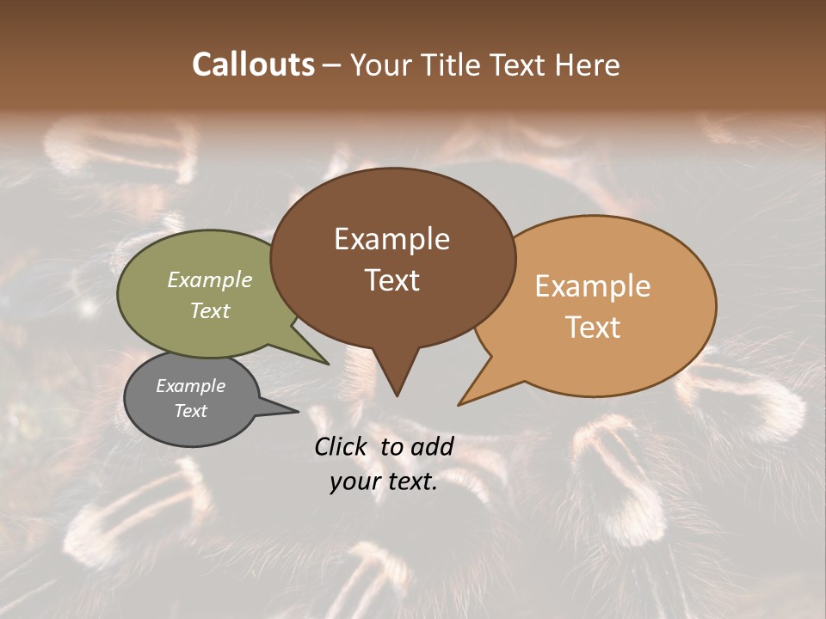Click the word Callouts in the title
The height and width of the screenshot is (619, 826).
tap(253, 64)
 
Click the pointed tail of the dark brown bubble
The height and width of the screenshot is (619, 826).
tap(396, 387)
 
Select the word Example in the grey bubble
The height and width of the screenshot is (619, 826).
tap(190, 386)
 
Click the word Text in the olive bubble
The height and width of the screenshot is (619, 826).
tap(210, 310)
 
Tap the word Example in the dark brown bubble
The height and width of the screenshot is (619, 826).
tap(391, 239)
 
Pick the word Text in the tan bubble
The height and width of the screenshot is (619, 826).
tap(593, 327)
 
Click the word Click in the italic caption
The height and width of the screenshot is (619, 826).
tap(342, 446)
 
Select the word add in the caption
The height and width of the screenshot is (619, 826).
tap(433, 446)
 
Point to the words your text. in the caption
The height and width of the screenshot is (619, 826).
tap(384, 482)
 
